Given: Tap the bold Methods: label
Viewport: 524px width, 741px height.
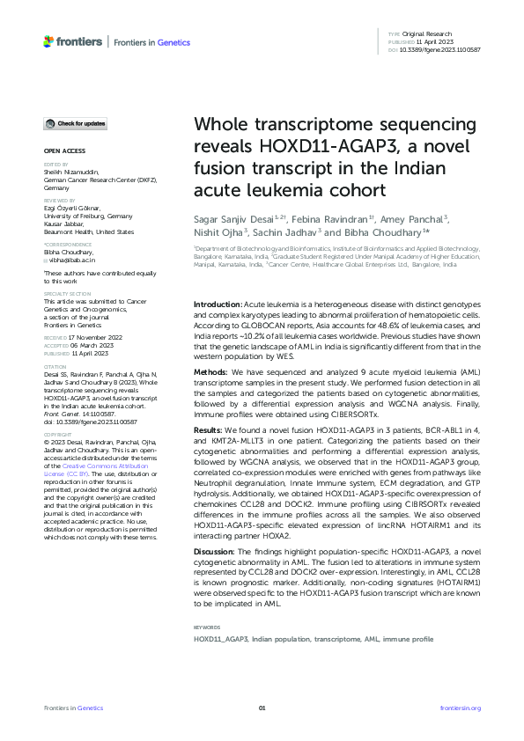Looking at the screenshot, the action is click(212, 348).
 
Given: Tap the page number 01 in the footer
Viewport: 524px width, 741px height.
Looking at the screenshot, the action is click(262, 708).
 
